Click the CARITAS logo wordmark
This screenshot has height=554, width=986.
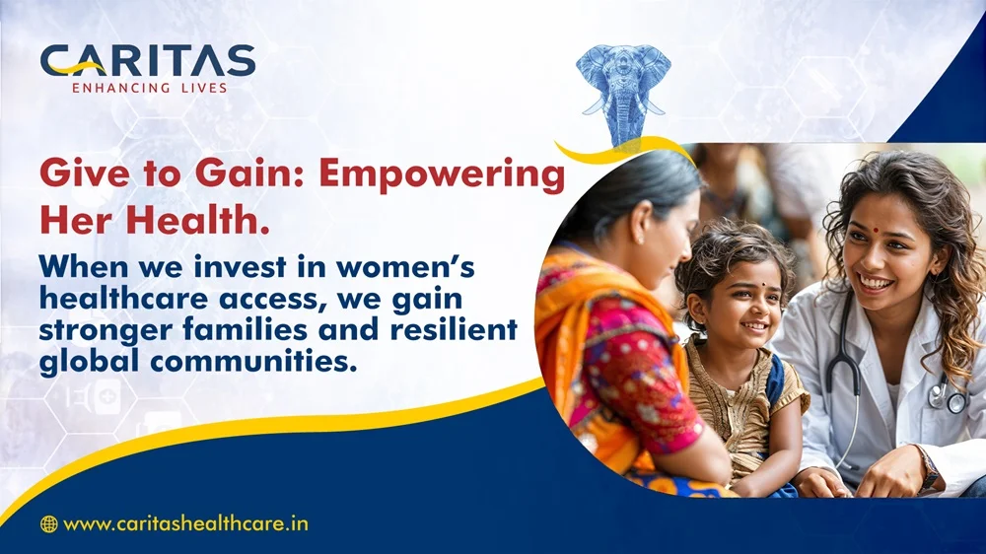(148, 60)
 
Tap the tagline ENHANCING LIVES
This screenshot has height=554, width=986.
(150, 88)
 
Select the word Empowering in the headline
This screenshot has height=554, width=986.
(442, 174)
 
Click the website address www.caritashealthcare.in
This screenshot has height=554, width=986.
(186, 523)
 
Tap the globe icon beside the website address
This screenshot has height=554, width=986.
(48, 523)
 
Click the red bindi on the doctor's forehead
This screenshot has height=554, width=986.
(875, 230)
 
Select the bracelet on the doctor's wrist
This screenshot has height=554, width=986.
(928, 466)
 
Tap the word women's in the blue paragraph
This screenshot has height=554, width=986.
(405, 266)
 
